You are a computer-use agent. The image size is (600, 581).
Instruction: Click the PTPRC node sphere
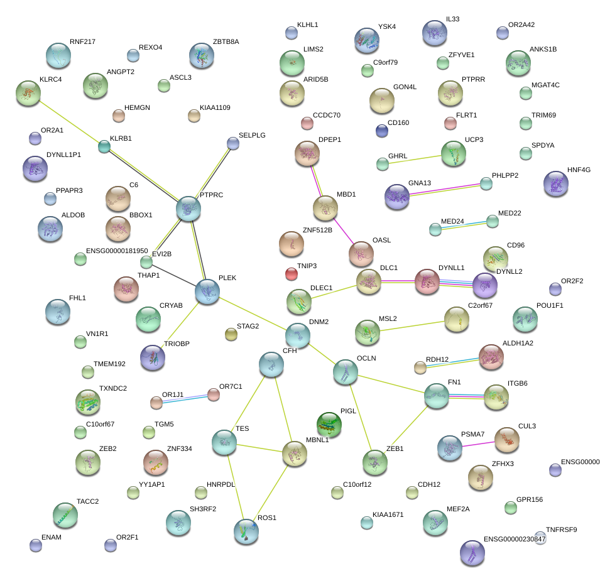click(188, 209)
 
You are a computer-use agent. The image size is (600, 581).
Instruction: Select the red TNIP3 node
click(291, 274)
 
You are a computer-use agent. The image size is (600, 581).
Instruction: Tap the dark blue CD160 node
click(381, 130)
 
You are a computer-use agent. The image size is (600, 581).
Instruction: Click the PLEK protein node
click(207, 291)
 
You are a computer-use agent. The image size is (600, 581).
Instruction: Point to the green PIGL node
click(329, 425)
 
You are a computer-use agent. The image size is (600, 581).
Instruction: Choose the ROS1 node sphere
click(246, 531)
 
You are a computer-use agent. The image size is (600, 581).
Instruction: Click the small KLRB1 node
click(104, 146)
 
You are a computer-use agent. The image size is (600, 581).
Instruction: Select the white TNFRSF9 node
click(540, 538)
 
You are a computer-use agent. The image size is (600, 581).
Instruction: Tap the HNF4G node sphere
click(556, 183)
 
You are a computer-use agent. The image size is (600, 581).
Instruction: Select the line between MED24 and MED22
click(464, 225)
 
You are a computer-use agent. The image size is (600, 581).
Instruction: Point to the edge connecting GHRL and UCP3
click(417, 159)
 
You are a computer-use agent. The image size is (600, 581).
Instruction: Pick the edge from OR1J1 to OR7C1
click(185, 398)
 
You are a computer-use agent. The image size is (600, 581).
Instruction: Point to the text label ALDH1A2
click(519, 343)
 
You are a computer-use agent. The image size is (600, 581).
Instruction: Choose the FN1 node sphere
click(436, 396)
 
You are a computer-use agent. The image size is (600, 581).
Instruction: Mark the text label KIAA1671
click(388, 514)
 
